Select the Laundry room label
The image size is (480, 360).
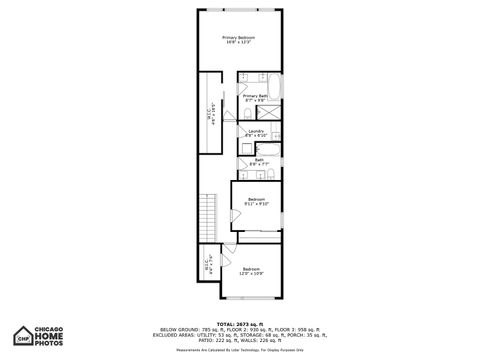point(255,131)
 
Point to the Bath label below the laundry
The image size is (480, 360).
point(257,160)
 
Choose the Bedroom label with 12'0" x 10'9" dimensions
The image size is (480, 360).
point(251,270)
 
